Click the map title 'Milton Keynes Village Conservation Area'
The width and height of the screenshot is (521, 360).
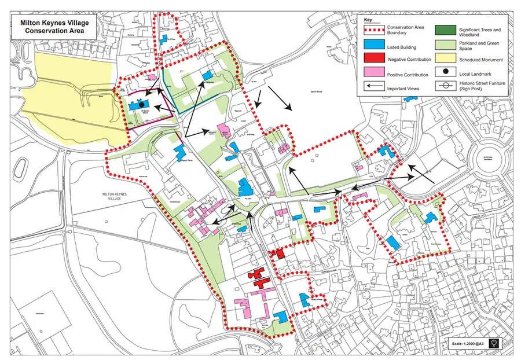click(52, 27)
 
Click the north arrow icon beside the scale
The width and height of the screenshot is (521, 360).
click(493, 344)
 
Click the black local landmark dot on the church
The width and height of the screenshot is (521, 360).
click(141, 104)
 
